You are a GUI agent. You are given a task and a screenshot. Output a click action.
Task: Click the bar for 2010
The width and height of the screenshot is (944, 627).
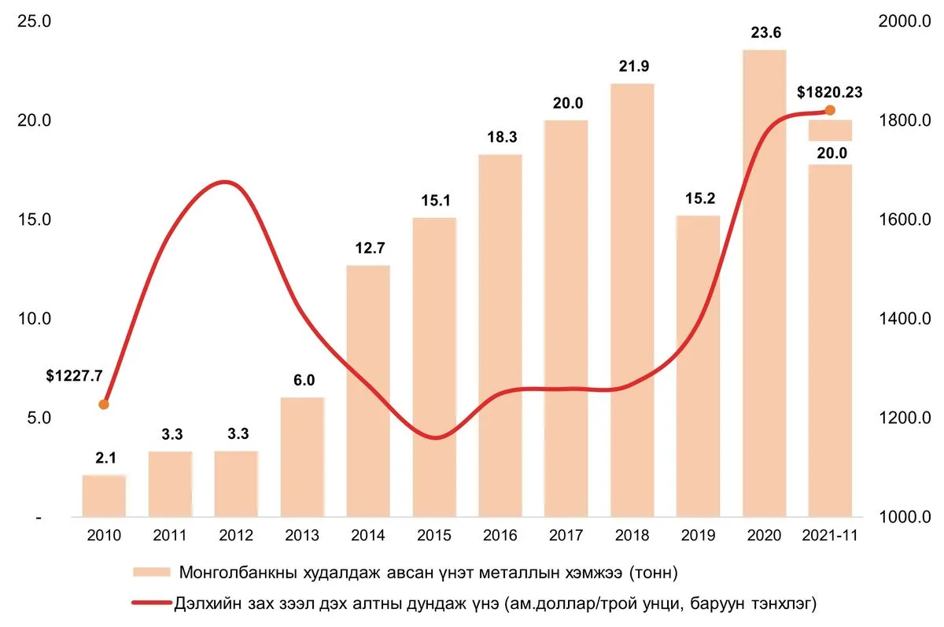point(104,496)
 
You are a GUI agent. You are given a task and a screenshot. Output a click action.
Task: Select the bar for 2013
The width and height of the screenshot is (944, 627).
point(302,457)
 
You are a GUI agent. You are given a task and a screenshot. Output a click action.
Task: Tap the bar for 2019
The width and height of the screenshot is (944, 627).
point(699,366)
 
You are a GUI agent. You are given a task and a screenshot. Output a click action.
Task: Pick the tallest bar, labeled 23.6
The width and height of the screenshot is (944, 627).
point(765,283)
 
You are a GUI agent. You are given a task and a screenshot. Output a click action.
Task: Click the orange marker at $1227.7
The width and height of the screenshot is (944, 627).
point(104,404)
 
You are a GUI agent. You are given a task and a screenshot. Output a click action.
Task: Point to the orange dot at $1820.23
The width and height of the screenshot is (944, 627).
point(830,110)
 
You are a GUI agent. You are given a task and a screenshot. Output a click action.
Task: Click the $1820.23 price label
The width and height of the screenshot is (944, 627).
point(829,92)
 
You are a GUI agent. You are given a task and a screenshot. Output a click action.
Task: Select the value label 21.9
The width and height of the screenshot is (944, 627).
point(634,66)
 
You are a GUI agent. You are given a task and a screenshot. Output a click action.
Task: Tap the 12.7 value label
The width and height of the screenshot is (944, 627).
point(370,248)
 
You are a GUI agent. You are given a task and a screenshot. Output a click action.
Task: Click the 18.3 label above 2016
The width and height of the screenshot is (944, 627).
point(502,137)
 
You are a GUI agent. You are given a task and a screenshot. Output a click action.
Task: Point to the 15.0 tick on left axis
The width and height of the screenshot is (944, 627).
point(34,219)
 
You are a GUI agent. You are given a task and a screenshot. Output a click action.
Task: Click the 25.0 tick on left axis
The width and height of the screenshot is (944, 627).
point(34,21)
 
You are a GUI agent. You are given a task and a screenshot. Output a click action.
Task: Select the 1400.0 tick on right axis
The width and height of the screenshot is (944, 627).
point(905,319)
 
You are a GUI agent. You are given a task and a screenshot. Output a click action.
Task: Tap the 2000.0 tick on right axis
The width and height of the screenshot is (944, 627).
point(905,21)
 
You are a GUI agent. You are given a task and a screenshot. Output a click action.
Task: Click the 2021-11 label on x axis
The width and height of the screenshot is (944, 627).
point(830,535)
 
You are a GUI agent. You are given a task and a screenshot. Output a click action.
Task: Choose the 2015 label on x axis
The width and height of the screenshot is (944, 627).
point(434,535)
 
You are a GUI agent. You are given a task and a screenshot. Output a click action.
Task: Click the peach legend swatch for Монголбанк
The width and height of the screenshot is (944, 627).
point(152,572)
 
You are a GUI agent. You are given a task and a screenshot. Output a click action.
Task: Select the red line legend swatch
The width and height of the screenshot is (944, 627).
point(152,603)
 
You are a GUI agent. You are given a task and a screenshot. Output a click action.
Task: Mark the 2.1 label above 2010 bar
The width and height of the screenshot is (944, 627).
point(105,458)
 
